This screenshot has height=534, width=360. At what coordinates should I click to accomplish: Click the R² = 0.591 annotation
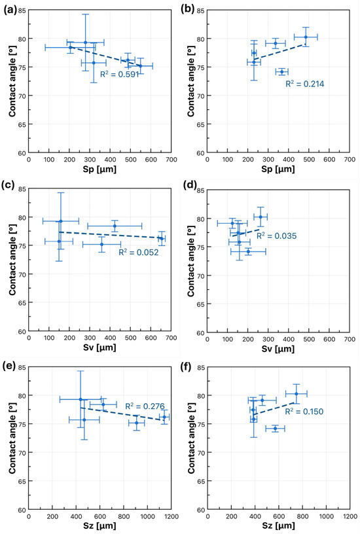click(x=120, y=74)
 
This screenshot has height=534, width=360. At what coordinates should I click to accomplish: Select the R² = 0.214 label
click(x=305, y=84)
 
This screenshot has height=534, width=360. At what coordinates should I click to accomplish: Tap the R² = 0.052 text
click(x=139, y=252)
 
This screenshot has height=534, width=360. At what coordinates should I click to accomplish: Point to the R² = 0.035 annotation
click(x=277, y=236)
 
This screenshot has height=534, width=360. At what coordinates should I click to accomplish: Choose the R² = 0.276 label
click(x=145, y=406)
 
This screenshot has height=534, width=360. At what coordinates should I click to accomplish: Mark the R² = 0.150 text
click(x=304, y=412)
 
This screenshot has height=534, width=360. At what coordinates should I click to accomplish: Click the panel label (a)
click(x=10, y=10)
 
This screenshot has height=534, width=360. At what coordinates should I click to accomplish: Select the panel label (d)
click(x=189, y=185)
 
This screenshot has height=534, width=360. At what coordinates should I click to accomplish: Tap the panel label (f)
click(x=188, y=366)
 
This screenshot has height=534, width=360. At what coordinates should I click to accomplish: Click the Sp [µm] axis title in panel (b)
click(x=278, y=169)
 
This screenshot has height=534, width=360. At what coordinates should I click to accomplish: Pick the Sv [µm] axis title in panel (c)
click(x=99, y=347)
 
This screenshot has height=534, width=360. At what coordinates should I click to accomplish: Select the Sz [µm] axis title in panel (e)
click(x=99, y=526)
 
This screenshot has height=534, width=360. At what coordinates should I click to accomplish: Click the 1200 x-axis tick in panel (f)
click(x=350, y=516)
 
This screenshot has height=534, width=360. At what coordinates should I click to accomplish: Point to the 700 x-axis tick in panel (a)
click(x=171, y=160)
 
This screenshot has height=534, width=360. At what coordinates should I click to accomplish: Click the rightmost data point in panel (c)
click(x=162, y=238)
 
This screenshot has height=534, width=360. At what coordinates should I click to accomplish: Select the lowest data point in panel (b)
click(x=281, y=72)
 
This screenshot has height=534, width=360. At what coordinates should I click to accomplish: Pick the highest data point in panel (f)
click(x=297, y=394)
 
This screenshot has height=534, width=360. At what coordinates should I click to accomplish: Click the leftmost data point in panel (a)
click(x=71, y=48)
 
